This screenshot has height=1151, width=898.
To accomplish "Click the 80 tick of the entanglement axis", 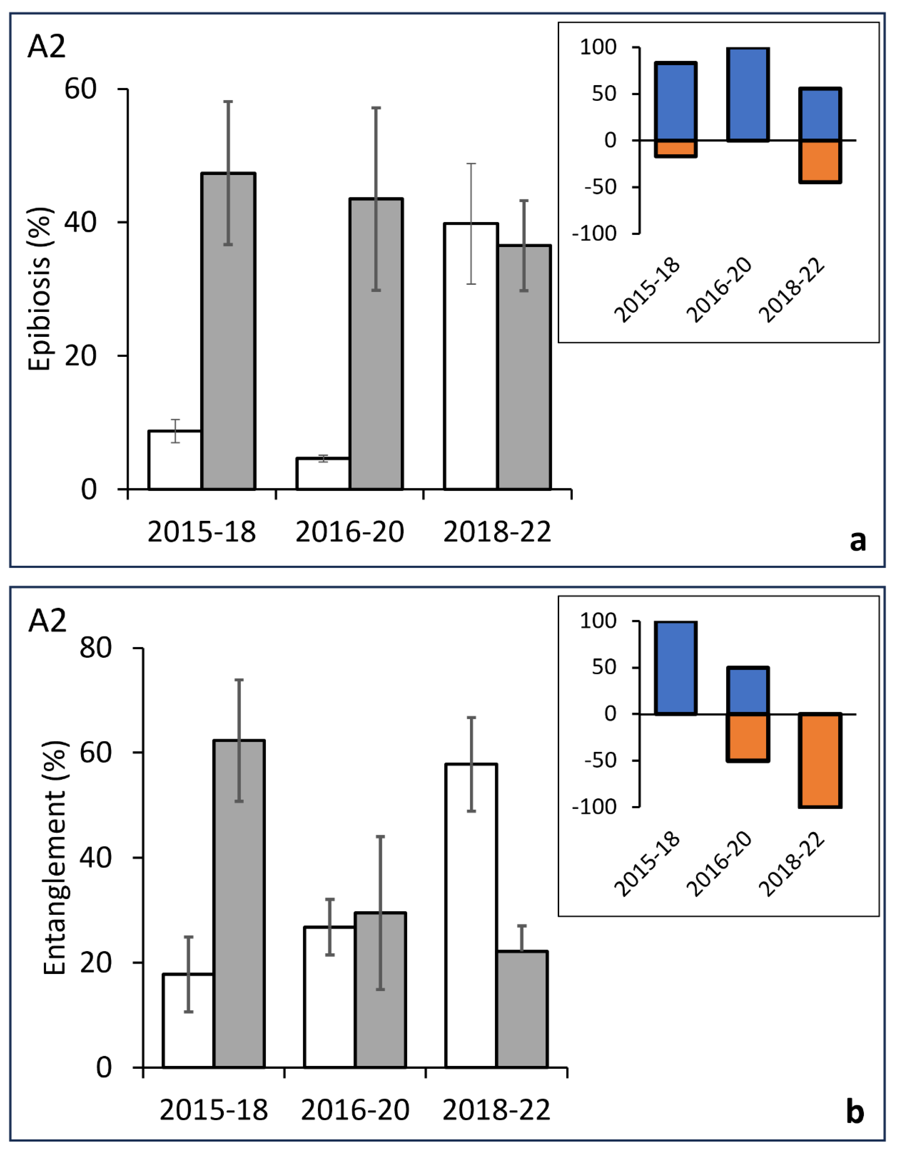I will pos(96,648).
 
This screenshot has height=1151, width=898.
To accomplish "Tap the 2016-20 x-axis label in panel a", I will pos(350,532).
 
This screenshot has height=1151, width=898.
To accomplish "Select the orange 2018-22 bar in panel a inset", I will pos(820,161).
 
